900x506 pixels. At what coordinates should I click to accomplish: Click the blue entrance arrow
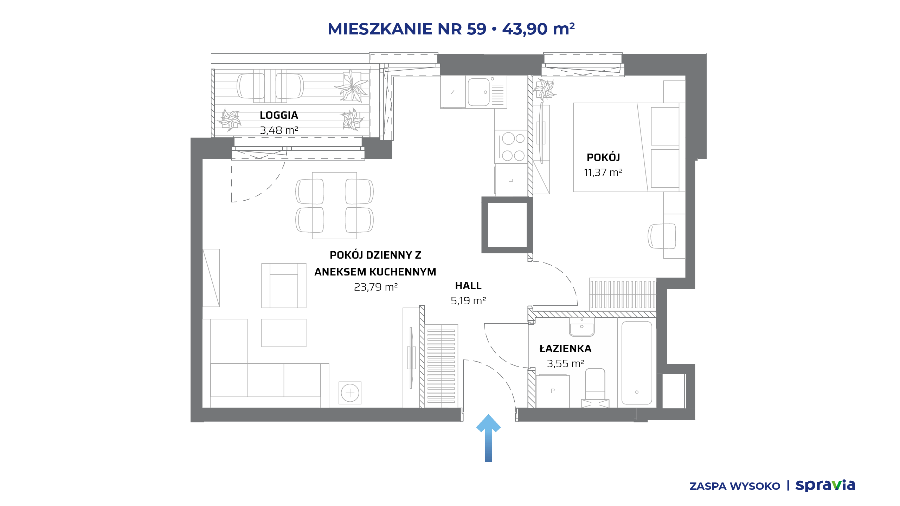point(488,438)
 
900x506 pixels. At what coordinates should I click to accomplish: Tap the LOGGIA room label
point(279,115)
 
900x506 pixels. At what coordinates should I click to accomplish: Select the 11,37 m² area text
point(603,173)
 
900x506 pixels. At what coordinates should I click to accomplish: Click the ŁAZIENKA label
point(565,348)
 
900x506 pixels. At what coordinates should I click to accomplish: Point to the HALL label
point(468,286)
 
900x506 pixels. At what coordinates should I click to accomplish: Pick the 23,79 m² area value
point(375,287)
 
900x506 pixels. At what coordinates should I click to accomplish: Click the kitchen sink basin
point(478,92)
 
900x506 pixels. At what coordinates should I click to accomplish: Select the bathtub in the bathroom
point(637,363)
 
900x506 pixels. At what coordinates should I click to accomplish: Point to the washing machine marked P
point(553,391)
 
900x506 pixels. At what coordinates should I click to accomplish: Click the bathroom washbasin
point(582,327)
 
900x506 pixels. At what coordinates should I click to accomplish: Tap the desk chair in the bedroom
point(661,236)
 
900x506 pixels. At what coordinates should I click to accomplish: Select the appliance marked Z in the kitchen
point(453,92)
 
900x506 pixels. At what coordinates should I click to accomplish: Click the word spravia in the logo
point(825,486)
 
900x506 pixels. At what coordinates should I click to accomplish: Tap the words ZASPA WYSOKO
point(735,486)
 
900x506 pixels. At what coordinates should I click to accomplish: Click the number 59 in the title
point(476,29)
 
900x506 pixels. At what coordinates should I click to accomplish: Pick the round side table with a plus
point(350,393)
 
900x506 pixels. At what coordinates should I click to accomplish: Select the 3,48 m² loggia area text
point(279,130)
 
